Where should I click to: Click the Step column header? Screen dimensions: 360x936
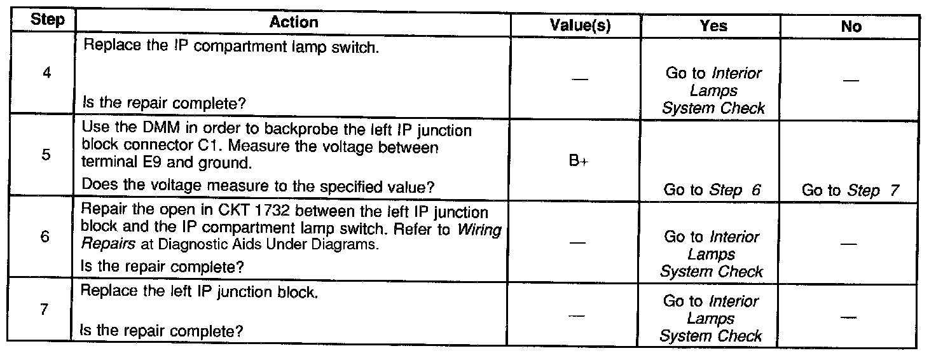[x=48, y=21]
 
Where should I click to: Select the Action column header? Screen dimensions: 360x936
[x=293, y=22]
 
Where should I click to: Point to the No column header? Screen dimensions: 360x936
[x=851, y=26]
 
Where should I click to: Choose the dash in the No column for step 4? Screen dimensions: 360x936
[x=851, y=81]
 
